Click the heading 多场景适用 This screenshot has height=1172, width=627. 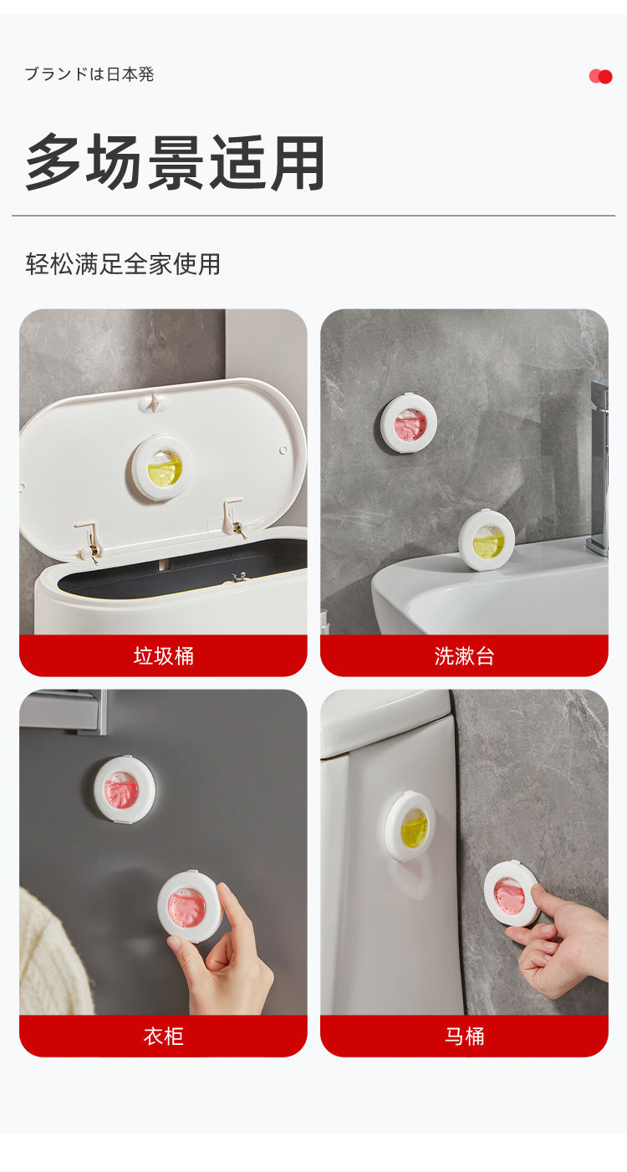(176, 161)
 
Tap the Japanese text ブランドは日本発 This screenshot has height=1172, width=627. (89, 74)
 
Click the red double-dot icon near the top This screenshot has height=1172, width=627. (600, 76)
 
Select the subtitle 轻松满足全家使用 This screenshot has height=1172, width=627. (123, 264)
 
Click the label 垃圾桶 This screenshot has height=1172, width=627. (163, 656)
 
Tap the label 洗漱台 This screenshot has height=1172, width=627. (464, 656)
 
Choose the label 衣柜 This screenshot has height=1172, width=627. (163, 1037)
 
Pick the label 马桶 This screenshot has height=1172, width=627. (464, 1037)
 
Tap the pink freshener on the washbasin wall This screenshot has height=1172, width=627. (410, 424)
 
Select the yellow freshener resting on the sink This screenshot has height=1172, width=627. (487, 541)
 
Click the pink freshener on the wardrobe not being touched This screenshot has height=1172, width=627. (124, 788)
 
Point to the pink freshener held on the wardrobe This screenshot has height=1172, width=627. (190, 906)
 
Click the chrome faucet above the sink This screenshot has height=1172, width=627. (599, 468)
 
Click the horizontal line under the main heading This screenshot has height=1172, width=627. (313, 216)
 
